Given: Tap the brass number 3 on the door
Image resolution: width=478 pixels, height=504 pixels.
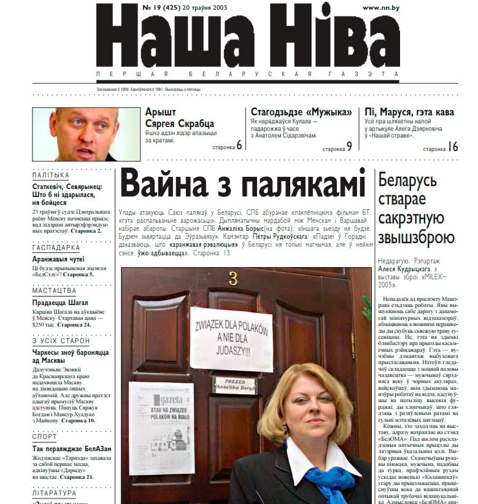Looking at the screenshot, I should click(x=233, y=279).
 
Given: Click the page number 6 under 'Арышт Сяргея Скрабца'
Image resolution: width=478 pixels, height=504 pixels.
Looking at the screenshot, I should click(x=239, y=145).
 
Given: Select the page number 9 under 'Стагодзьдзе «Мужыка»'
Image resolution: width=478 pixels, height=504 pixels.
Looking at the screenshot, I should click(x=349, y=145).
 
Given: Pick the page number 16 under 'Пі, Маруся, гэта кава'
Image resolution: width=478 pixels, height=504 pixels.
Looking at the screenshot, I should click(x=453, y=146).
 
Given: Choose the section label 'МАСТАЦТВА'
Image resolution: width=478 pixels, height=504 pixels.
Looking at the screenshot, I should click(x=54, y=291).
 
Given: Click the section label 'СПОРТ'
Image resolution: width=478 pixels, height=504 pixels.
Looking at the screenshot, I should click(x=44, y=437).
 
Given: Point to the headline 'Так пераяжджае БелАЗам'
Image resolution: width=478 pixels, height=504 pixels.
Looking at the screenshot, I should click(x=72, y=449).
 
